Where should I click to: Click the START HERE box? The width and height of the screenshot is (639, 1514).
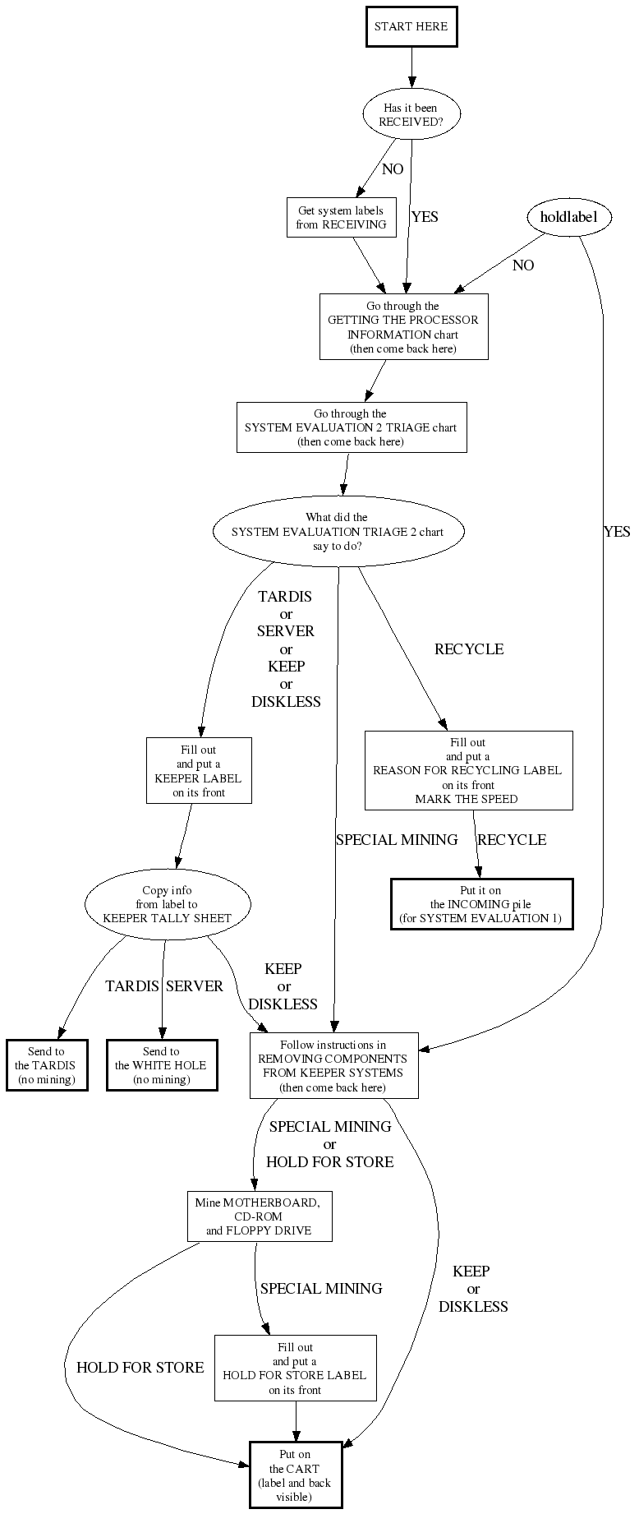(411, 26)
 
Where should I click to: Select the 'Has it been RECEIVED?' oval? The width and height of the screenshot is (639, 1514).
(411, 114)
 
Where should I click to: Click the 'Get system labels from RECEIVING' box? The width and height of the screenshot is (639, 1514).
(341, 218)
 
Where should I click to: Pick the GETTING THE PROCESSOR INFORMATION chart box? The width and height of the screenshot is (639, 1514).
(403, 327)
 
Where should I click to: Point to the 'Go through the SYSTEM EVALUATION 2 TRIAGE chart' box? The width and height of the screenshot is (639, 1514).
(352, 427)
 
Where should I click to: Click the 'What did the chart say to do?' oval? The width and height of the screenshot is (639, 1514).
(338, 532)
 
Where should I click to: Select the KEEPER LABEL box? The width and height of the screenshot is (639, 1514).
(199, 771)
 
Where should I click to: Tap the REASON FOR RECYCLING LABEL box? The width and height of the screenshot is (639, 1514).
(468, 770)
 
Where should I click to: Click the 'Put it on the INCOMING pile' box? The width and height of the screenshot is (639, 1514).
(481, 904)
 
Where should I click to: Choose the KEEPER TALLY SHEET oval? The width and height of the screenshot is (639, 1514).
(168, 904)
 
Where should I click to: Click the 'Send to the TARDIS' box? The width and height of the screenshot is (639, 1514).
(46, 1065)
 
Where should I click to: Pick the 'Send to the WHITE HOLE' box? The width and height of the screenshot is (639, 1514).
(162, 1065)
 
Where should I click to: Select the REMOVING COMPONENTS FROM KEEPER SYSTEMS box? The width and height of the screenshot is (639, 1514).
(333, 1065)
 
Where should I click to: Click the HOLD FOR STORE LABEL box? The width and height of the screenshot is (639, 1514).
(296, 1369)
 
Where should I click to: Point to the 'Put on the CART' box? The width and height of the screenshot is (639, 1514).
(296, 1475)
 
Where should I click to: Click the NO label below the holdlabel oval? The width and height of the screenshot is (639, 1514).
(523, 265)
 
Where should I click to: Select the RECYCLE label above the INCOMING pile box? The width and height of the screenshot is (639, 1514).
(512, 840)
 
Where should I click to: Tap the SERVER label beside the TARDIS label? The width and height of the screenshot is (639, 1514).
(195, 986)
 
